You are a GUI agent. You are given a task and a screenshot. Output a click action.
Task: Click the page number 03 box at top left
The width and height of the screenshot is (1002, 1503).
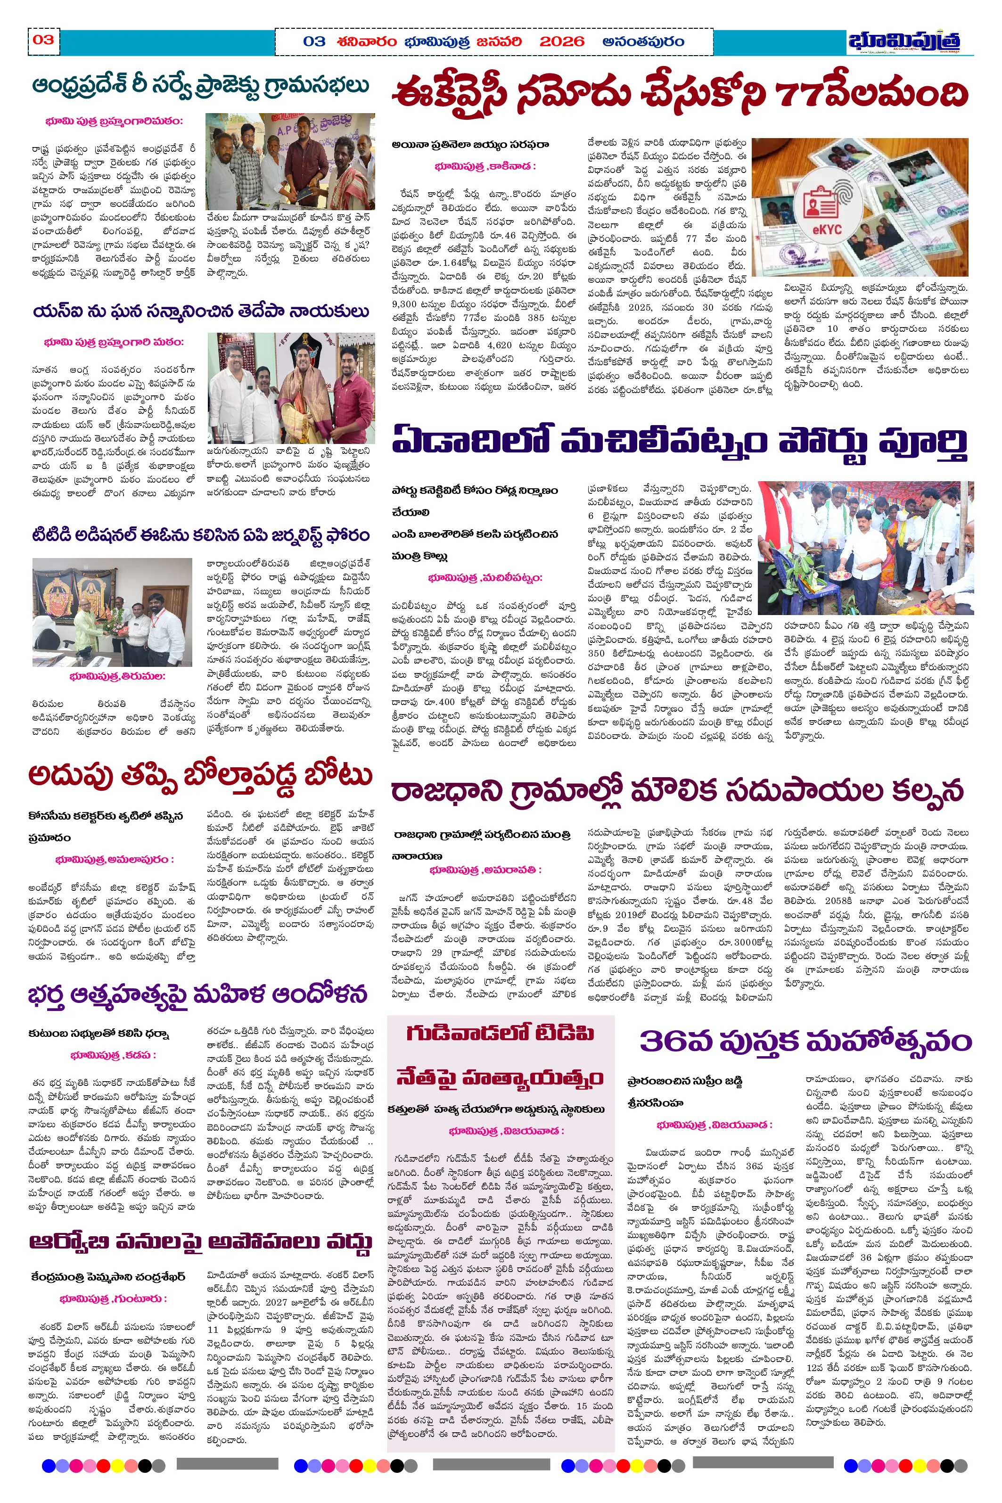coord(43,40)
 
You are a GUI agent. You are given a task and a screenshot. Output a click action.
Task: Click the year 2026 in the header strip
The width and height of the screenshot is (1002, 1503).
coord(562,42)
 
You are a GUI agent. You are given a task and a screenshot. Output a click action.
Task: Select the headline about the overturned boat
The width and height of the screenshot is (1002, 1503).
coord(200,776)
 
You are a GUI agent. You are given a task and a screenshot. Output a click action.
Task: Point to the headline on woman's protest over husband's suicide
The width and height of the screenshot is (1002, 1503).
coord(197,994)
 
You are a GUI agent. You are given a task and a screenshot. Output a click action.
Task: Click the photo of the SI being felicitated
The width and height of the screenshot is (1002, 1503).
coord(288,386)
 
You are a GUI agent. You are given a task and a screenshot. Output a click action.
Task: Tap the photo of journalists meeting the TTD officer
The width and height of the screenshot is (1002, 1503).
coord(113,612)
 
